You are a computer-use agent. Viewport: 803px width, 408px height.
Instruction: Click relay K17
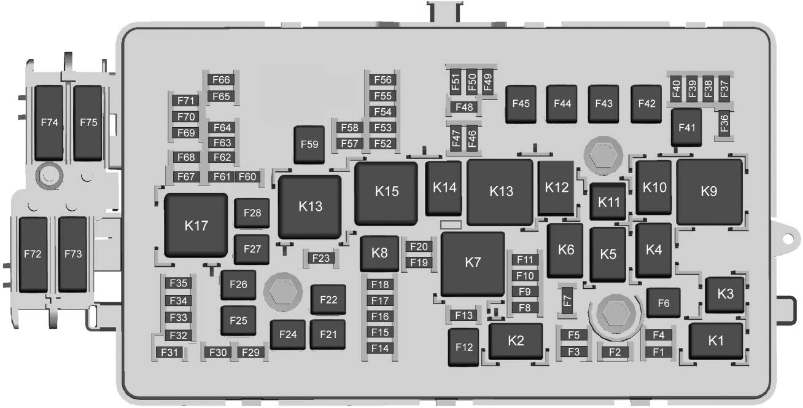click(196, 226)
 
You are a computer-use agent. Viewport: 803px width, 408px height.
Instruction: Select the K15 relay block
click(386, 194)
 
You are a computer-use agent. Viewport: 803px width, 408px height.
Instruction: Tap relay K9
click(709, 192)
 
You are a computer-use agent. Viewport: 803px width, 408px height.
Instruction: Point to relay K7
click(473, 264)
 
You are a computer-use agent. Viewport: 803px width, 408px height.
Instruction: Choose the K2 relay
click(516, 341)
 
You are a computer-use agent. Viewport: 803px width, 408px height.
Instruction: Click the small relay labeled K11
click(608, 202)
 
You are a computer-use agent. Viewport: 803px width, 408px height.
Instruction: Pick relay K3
click(725, 294)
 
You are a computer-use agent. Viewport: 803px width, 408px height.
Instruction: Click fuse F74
click(49, 123)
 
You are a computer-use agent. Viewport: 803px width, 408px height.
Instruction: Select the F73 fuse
click(73, 254)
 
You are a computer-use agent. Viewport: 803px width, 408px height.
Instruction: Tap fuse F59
click(309, 144)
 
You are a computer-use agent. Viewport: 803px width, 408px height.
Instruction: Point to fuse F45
click(521, 104)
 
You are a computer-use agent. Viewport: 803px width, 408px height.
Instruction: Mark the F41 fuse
click(686, 127)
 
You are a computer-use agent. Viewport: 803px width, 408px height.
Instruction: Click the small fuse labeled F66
click(221, 80)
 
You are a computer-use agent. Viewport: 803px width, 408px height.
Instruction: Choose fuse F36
click(724, 123)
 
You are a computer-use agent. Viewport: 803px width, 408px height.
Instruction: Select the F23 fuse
click(321, 258)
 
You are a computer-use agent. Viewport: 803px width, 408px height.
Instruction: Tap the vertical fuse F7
click(567, 300)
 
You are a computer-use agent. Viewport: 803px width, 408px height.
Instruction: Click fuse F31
click(169, 352)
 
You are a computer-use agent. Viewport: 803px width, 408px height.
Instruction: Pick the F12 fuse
click(464, 347)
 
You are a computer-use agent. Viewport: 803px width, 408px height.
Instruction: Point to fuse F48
click(464, 107)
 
